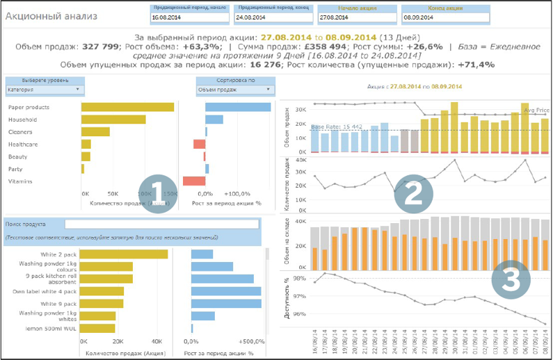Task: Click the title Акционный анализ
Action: point(51,15)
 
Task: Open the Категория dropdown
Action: point(45,90)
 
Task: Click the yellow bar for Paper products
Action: point(127,107)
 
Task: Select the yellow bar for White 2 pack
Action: point(124,254)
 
